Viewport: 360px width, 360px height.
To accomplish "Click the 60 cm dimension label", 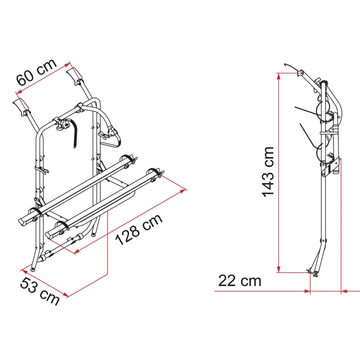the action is [36, 72].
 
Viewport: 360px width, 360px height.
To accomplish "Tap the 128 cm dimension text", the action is [139, 229].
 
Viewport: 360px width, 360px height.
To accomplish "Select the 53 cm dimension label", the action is [40, 291].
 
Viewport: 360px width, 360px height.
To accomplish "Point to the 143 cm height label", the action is [268, 172].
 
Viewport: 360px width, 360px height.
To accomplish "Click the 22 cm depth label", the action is [240, 280].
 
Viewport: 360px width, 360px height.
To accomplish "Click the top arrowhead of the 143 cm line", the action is [279, 76].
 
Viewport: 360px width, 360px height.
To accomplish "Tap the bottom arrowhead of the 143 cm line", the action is [279, 269].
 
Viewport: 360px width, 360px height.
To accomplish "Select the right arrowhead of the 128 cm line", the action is [183, 191].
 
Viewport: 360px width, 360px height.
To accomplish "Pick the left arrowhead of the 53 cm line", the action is [24, 272].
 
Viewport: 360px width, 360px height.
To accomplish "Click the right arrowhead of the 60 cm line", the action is [66, 65].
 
